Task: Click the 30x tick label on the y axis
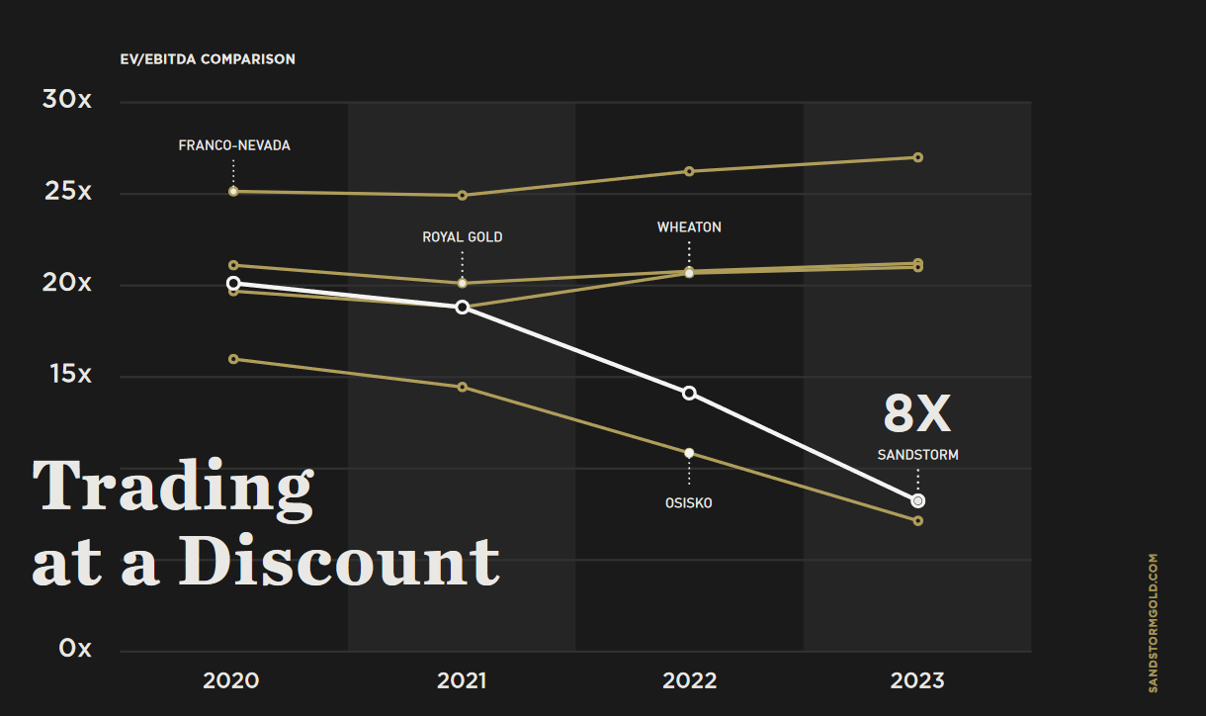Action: [67, 100]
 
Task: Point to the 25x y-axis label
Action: [67, 191]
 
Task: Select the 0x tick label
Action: [74, 649]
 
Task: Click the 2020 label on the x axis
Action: [230, 680]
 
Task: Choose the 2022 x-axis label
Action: [689, 680]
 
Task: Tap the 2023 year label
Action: [917, 680]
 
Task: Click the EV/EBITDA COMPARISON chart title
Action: [208, 59]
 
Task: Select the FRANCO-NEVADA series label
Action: [234, 145]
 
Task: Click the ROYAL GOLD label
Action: [463, 237]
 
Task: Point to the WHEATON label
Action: [689, 227]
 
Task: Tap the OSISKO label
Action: [689, 503]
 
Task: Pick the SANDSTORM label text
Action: [917, 456]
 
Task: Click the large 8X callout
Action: [916, 414]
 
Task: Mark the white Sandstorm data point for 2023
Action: [917, 501]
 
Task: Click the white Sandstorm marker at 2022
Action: [689, 394]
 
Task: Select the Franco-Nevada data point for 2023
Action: [917, 157]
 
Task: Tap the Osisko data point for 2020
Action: [233, 359]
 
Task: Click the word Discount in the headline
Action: [338, 562]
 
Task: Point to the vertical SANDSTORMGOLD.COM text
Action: [1153, 622]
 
